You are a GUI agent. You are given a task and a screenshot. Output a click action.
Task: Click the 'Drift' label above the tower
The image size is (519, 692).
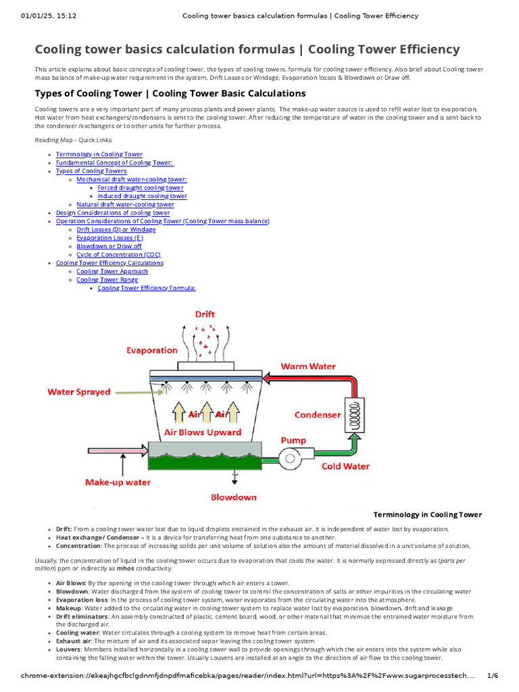tap(205, 314)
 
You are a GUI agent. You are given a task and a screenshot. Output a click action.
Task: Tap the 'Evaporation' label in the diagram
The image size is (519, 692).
tap(152, 350)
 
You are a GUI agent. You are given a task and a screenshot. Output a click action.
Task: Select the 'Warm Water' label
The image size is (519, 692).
tap(308, 366)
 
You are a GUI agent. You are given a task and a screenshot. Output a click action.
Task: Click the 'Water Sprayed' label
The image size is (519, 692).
tap(78, 392)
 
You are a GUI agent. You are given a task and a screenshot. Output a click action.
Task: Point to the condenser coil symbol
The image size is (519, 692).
tap(353, 414)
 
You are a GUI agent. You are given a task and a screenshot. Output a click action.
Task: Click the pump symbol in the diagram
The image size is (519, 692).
tap(292, 458)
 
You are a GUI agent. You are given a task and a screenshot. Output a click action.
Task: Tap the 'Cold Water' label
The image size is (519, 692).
tap(345, 466)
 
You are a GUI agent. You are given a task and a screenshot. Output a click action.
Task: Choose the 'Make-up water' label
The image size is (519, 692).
tap(118, 483)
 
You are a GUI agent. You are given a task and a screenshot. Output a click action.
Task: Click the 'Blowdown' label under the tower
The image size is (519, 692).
tap(234, 497)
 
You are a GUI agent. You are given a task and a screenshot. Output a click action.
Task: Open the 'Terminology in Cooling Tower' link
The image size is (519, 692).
tap(99, 155)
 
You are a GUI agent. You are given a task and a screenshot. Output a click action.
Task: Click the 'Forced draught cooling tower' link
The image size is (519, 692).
tap(141, 188)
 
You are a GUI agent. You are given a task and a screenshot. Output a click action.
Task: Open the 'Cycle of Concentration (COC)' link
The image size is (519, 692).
tap(114, 255)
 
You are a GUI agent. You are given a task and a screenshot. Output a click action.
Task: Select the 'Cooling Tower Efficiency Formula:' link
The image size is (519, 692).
tap(147, 288)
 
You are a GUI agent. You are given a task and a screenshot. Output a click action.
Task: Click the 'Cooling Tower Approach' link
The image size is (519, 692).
tap(112, 271)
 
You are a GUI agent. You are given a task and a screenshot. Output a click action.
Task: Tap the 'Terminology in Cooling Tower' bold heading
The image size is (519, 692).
tap(428, 515)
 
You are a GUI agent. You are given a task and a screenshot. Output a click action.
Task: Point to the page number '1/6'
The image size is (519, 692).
tap(492, 676)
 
